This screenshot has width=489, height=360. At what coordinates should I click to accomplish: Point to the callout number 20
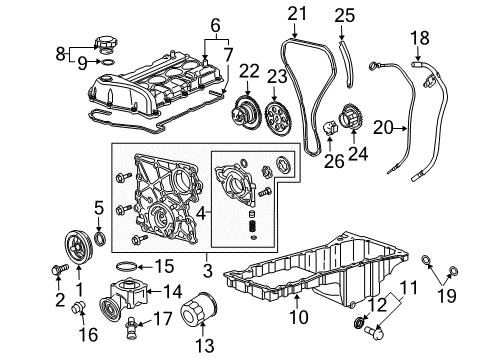[407, 128]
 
